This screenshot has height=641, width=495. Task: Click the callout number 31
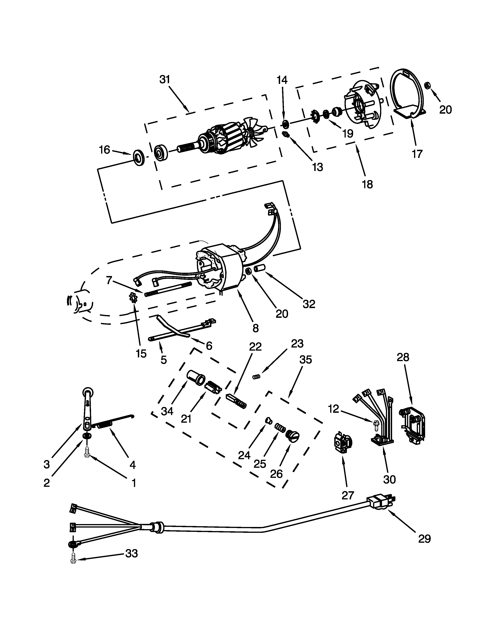tap(165, 79)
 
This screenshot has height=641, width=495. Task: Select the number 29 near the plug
tap(424, 539)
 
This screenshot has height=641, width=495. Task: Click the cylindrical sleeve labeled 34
tap(196, 377)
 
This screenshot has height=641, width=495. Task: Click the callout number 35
tap(305, 360)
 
